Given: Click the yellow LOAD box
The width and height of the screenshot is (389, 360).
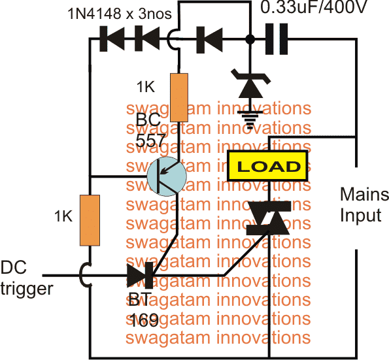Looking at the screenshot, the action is point(267,166).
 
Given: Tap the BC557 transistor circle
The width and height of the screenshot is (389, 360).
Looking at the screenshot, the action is point(167,176).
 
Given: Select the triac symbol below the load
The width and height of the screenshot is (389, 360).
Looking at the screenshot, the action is point(269,218).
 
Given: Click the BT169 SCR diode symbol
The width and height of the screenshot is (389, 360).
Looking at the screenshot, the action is point(140,275).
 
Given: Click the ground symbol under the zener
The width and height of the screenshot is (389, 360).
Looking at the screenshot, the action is point(250,120).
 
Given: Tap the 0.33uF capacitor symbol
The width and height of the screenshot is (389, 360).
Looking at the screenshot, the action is point(277,39).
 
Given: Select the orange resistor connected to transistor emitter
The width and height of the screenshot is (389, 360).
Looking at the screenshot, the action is point(179,97).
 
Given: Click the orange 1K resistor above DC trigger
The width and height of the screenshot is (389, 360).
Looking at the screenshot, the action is point(90,220).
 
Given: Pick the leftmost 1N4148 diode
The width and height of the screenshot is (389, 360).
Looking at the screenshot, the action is point(112,39).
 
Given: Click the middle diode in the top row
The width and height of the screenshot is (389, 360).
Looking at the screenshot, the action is point(147,39).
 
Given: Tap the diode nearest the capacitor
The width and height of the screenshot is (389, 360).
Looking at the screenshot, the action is point(209,40).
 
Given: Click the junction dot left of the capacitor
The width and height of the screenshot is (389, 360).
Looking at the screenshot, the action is point(250,39).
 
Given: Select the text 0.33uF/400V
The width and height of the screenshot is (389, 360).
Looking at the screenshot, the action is point(313,7).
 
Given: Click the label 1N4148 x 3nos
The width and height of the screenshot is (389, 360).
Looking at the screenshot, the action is point(120,14).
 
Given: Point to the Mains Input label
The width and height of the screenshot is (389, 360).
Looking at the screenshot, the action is point(364,205).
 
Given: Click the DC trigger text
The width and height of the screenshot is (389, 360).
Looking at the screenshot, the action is point(27,278).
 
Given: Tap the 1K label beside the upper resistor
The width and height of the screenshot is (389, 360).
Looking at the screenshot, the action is point(146,87).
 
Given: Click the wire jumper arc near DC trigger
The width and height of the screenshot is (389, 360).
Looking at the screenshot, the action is point(84,275).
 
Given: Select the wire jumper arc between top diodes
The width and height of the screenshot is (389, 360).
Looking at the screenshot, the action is point(172,39).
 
